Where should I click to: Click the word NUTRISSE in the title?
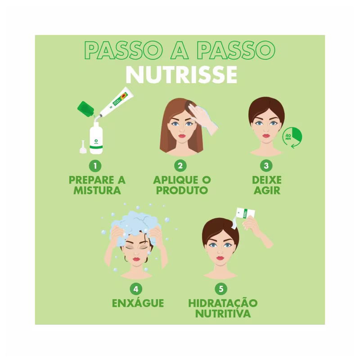181,75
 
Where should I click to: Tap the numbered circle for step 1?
95,166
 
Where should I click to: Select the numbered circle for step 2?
180,166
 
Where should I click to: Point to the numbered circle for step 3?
266,166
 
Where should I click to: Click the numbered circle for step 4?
136,289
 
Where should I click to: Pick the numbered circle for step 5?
221,289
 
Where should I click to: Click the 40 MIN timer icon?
292,137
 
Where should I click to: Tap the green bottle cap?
85,109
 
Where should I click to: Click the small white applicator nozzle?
83,147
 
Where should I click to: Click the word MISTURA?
97,190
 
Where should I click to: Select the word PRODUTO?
182,190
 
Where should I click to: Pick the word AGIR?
267,190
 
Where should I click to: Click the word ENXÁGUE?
138,303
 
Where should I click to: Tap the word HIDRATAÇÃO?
223,303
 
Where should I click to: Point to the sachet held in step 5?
245,213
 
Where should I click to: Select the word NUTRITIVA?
223,314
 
